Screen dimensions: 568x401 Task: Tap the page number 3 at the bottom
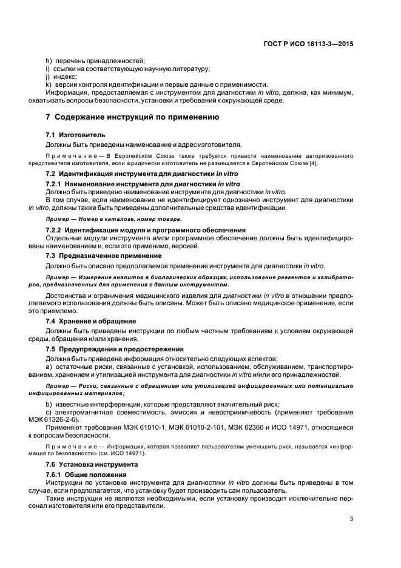(x=352, y=519)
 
